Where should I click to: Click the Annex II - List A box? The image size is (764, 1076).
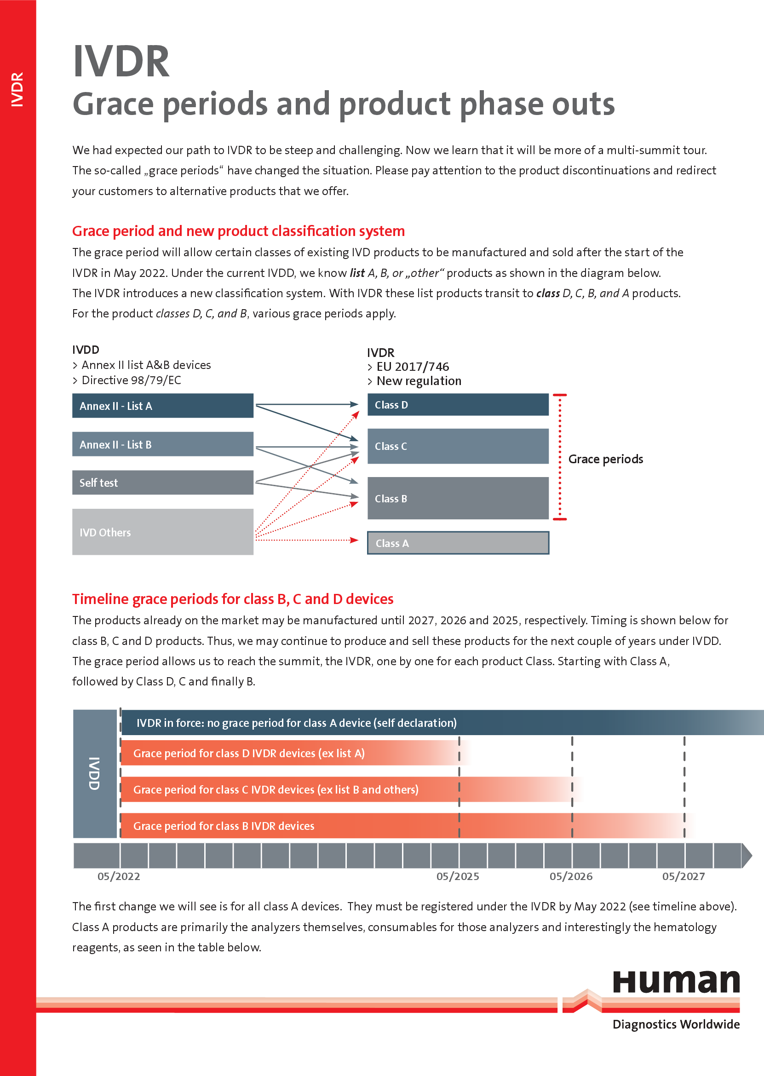pos(163,406)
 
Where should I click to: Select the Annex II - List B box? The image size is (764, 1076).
pos(163,443)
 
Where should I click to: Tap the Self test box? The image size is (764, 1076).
pos(163,482)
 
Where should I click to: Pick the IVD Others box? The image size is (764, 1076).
pos(163,532)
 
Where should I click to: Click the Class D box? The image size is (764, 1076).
pos(458,405)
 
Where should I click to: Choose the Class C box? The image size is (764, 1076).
pos(458,446)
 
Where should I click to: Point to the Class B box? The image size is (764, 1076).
pos(458,498)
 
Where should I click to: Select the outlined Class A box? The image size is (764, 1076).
pos(458,543)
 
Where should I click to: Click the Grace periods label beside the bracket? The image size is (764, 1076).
pos(605,459)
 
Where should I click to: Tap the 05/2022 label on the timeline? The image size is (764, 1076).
pos(119,876)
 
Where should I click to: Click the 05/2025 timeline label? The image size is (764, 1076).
pos(458,876)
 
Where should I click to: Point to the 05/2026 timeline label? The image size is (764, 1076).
pos(571,876)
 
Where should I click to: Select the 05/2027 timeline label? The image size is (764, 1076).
pos(684,876)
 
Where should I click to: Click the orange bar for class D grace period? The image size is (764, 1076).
pos(296,753)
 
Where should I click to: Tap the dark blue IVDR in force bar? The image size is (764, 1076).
pos(442,723)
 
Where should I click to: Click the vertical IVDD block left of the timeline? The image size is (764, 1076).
pos(95,773)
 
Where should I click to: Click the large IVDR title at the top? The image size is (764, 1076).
pos(121,61)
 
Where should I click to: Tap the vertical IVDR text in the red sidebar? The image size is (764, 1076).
pos(17,89)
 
